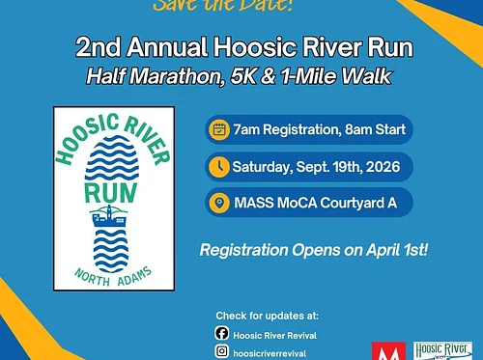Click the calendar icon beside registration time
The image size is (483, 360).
point(219,127)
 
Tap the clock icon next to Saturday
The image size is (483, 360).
point(219,166)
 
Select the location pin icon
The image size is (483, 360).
point(219,204)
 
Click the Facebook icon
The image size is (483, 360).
point(221,335)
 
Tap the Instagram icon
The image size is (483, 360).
point(221,353)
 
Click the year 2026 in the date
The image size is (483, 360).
point(381,166)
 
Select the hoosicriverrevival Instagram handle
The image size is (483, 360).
point(276,353)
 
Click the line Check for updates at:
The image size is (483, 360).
point(267,316)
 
